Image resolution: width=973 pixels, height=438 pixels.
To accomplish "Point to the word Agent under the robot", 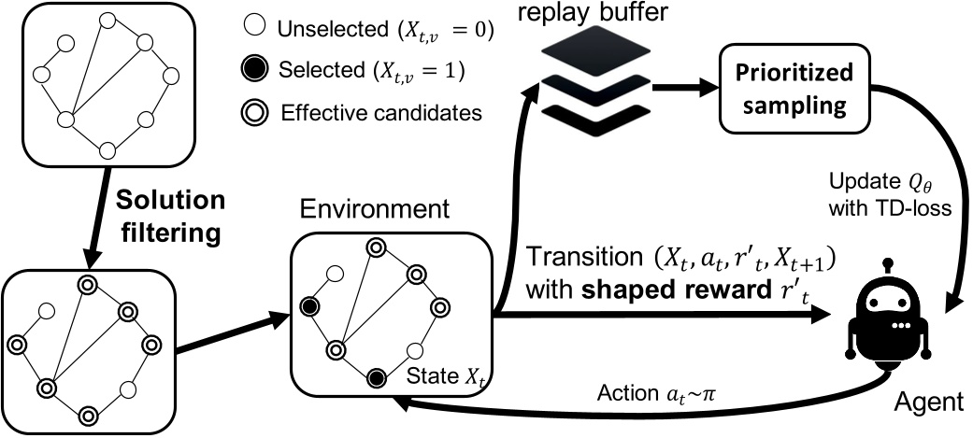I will point(928,403).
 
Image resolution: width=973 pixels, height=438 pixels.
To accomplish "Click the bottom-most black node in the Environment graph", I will point(376,378).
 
